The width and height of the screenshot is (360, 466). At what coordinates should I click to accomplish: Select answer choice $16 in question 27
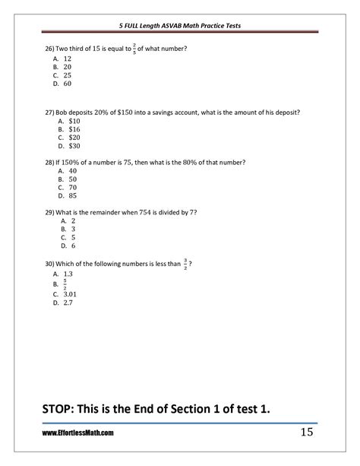pos(74,128)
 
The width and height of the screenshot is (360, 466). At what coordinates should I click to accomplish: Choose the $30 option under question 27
pos(74,145)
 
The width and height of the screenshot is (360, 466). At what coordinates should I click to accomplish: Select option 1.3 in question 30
pos(68,274)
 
